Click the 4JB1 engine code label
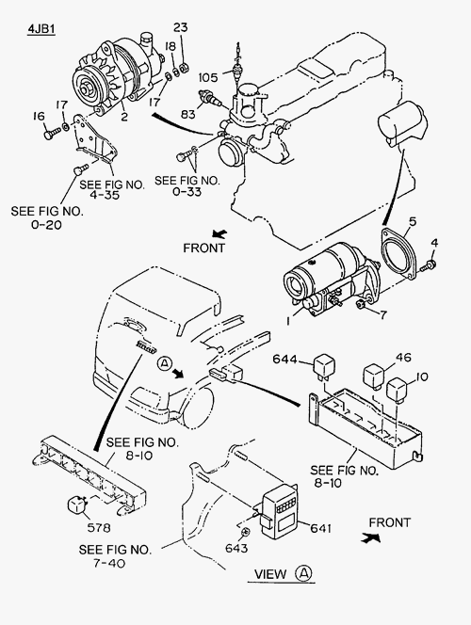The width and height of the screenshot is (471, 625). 41,29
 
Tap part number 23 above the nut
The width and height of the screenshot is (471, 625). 180,27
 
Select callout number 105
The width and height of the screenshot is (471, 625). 208,77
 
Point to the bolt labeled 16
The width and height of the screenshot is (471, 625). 52,133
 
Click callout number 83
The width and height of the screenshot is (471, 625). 187,115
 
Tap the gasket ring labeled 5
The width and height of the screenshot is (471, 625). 399,254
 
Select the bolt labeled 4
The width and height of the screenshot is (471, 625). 430,265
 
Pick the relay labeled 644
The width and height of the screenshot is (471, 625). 324,367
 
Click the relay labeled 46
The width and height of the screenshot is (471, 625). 374,376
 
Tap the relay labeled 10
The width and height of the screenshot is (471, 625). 398,389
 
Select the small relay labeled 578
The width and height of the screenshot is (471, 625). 77,505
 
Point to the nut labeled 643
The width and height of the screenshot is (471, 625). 245,532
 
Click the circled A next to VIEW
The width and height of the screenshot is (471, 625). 303,573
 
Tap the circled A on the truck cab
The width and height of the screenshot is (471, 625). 164,362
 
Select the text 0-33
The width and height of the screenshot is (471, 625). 187,192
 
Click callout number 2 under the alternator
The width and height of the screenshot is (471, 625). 124,117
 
